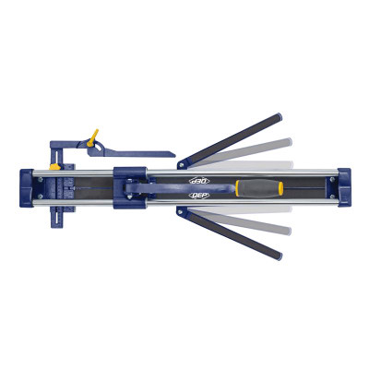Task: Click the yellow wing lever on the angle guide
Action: [92, 136]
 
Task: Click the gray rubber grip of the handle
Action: [263, 187]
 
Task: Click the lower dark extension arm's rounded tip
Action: [275, 256]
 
